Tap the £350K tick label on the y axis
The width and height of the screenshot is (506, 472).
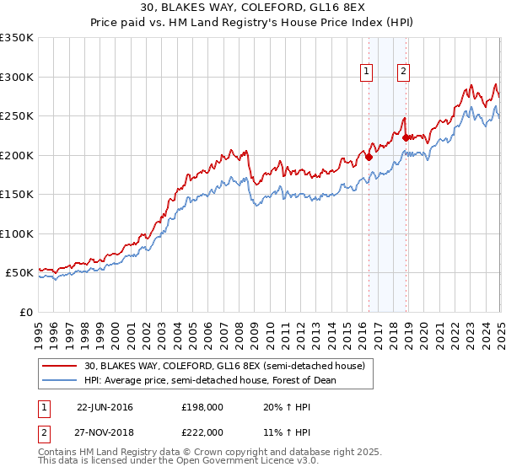click(17, 38)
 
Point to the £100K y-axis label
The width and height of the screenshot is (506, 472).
click(17, 233)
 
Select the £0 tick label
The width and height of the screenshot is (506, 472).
click(25, 312)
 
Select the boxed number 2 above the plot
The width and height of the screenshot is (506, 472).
click(404, 72)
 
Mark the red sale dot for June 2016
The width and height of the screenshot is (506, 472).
click(369, 156)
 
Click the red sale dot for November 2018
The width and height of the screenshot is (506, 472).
click(406, 137)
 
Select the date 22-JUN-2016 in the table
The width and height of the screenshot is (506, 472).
click(105, 407)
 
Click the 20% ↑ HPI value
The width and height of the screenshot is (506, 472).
click(288, 407)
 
